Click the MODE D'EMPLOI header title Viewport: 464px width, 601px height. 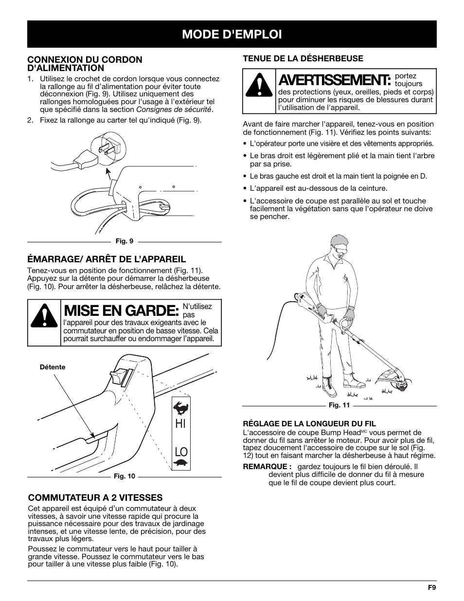232,34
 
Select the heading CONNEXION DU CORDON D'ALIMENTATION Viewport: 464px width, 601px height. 85,64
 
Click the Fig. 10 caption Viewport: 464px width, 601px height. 124,476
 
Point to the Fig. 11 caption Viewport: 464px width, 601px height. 339,405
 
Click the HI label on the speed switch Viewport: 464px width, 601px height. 180,423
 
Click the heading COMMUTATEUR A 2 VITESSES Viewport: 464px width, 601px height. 95,497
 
